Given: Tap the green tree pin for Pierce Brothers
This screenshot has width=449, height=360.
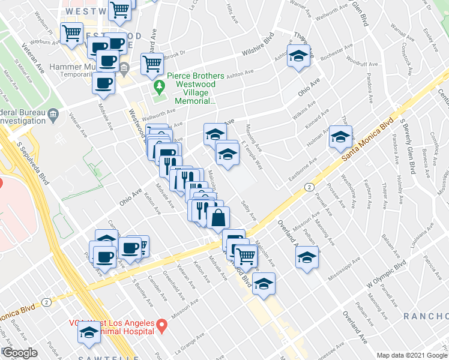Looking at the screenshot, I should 159,89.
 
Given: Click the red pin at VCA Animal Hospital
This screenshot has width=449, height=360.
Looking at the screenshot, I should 161,326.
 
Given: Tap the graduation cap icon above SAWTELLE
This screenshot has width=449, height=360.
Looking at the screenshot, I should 89,334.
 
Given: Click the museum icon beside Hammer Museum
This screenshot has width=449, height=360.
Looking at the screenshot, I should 124,67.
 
